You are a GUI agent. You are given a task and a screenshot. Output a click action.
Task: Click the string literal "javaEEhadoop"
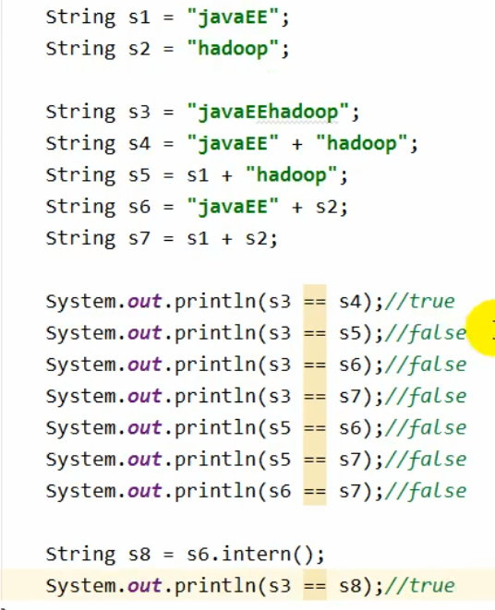coord(268,113)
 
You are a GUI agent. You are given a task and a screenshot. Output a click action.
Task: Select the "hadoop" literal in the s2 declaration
coord(234,49)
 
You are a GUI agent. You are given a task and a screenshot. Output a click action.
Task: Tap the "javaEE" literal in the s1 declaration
coord(234,18)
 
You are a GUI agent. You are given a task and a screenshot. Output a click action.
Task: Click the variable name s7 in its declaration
coord(139,238)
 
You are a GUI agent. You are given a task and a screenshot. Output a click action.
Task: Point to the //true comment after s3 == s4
coord(420,302)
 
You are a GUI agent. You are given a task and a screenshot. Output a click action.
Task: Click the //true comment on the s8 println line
coord(420,586)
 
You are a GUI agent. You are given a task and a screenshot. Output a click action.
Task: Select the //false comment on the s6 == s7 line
coord(426,491)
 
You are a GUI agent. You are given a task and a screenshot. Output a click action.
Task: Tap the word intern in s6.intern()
coord(256,554)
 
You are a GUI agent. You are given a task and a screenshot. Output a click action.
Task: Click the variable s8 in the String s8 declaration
coord(139,555)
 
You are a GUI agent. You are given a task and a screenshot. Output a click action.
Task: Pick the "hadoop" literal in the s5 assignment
coord(291,175)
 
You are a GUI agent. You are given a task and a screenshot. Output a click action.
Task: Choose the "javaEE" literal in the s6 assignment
coord(234,207)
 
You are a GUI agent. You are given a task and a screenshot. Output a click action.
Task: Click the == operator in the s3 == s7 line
coord(315,397)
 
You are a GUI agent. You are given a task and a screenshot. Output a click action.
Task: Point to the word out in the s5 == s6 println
coord(144,428)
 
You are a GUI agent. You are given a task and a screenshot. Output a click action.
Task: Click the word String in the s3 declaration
coord(80,112)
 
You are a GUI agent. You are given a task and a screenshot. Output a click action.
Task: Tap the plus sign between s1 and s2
coord(227,239)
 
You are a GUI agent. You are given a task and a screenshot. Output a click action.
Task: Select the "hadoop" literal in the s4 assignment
coord(362,144)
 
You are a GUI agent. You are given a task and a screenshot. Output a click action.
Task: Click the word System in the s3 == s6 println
coord(81,365)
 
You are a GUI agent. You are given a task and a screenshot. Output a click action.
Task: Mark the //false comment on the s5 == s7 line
coord(426,460)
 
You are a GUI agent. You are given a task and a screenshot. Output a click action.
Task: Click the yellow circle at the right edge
coord(481,328)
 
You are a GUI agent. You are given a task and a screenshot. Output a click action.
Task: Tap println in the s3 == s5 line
coord(215,333)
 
